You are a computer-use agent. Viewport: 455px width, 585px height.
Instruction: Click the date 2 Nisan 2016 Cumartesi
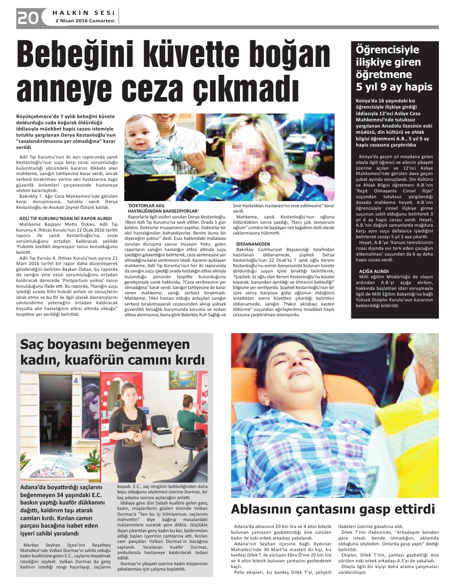point(85,21)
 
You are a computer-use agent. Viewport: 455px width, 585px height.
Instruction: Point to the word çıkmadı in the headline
point(245,88)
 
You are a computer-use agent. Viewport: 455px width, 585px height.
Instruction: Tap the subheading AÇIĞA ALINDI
point(374,271)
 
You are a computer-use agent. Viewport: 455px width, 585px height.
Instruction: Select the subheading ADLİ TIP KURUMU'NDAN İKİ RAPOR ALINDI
point(66,218)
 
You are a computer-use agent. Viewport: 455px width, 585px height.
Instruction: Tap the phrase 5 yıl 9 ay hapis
point(394,87)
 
